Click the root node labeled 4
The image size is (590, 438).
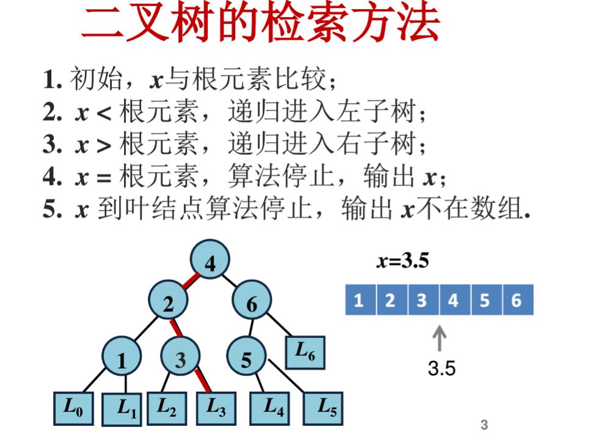210,263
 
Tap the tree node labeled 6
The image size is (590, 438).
252,304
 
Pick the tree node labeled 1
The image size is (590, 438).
122,360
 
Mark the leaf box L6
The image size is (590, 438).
305,352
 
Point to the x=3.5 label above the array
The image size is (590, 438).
403,262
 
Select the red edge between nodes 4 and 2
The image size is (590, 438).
189,282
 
